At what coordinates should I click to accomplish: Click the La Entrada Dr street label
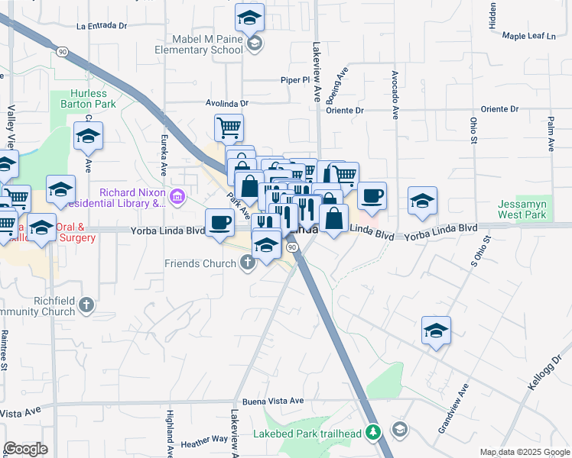click(x=102, y=25)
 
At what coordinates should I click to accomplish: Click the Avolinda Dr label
click(x=227, y=102)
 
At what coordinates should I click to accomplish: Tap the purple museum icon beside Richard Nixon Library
click(x=177, y=198)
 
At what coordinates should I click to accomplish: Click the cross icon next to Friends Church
click(x=246, y=263)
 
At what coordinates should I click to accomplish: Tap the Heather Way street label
click(x=204, y=440)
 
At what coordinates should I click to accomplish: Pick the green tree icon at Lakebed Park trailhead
click(x=373, y=433)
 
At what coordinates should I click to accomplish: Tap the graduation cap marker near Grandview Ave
click(x=436, y=330)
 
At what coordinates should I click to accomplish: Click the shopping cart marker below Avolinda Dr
click(x=229, y=127)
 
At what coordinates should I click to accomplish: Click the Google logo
click(x=25, y=449)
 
